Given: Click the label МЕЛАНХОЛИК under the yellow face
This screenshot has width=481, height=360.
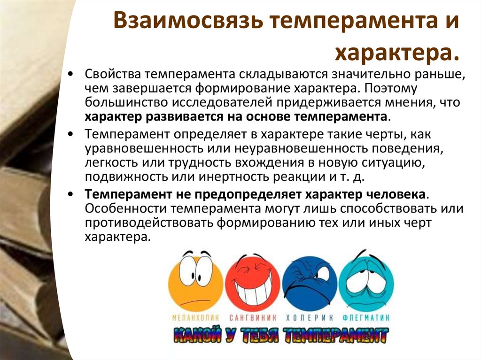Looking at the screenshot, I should coord(195,317).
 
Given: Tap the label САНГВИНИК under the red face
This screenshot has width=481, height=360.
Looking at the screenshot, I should coord(253,317).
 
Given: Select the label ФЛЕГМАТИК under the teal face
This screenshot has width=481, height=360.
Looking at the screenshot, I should coord(368,317).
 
